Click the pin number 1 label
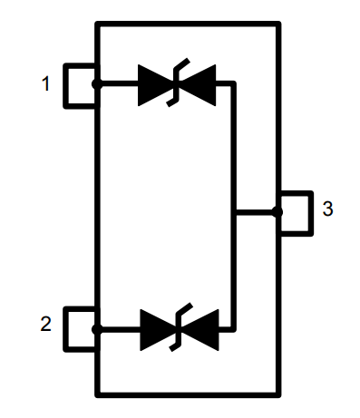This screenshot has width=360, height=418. coord(44,84)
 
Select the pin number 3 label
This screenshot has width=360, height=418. coord(327,209)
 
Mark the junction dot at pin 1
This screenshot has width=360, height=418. coord(97,84)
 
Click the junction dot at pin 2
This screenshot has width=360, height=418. coord(97,329)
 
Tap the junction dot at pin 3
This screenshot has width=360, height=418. coord(277,212)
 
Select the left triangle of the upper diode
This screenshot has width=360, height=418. coord(154,84)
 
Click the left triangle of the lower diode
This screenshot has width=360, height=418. coord(155,329)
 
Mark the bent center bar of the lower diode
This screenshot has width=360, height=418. coord(178,329)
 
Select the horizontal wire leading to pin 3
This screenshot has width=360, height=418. coord(256,212)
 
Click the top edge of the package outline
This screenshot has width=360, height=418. coord(188,24)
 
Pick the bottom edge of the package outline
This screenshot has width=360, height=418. coord(188,394)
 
